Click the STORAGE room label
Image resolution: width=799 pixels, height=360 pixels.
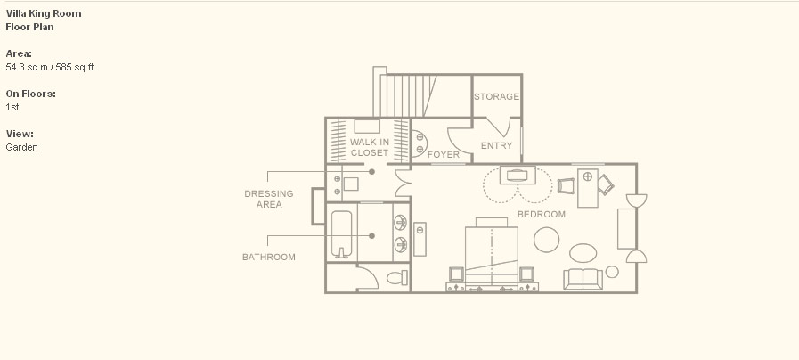click(x=496, y=96)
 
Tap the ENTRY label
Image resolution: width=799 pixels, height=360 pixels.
click(x=496, y=146)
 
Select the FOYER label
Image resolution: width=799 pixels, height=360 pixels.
click(x=443, y=154)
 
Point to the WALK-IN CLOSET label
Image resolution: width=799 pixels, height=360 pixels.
click(x=370, y=147)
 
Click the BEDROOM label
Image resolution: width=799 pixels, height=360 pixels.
click(x=542, y=214)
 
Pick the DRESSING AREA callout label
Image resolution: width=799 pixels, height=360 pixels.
click(x=268, y=199)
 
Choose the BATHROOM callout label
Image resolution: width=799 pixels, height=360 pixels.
click(x=268, y=257)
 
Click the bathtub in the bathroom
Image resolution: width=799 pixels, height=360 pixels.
click(x=341, y=234)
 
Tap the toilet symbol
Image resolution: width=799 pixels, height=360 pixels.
click(x=397, y=278)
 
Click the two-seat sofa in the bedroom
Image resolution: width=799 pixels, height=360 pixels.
click(x=583, y=279)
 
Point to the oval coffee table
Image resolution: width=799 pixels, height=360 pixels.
click(x=583, y=253)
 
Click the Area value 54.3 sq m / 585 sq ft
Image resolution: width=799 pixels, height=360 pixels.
click(x=50, y=67)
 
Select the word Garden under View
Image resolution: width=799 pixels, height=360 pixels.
click(x=22, y=147)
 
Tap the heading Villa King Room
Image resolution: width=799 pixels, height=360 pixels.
click(x=44, y=13)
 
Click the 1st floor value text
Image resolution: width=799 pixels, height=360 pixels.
click(x=12, y=107)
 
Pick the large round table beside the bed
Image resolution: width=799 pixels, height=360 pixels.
click(x=546, y=240)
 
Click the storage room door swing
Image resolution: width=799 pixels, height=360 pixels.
click(x=501, y=128)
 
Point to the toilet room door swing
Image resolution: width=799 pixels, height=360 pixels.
click(x=367, y=277)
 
